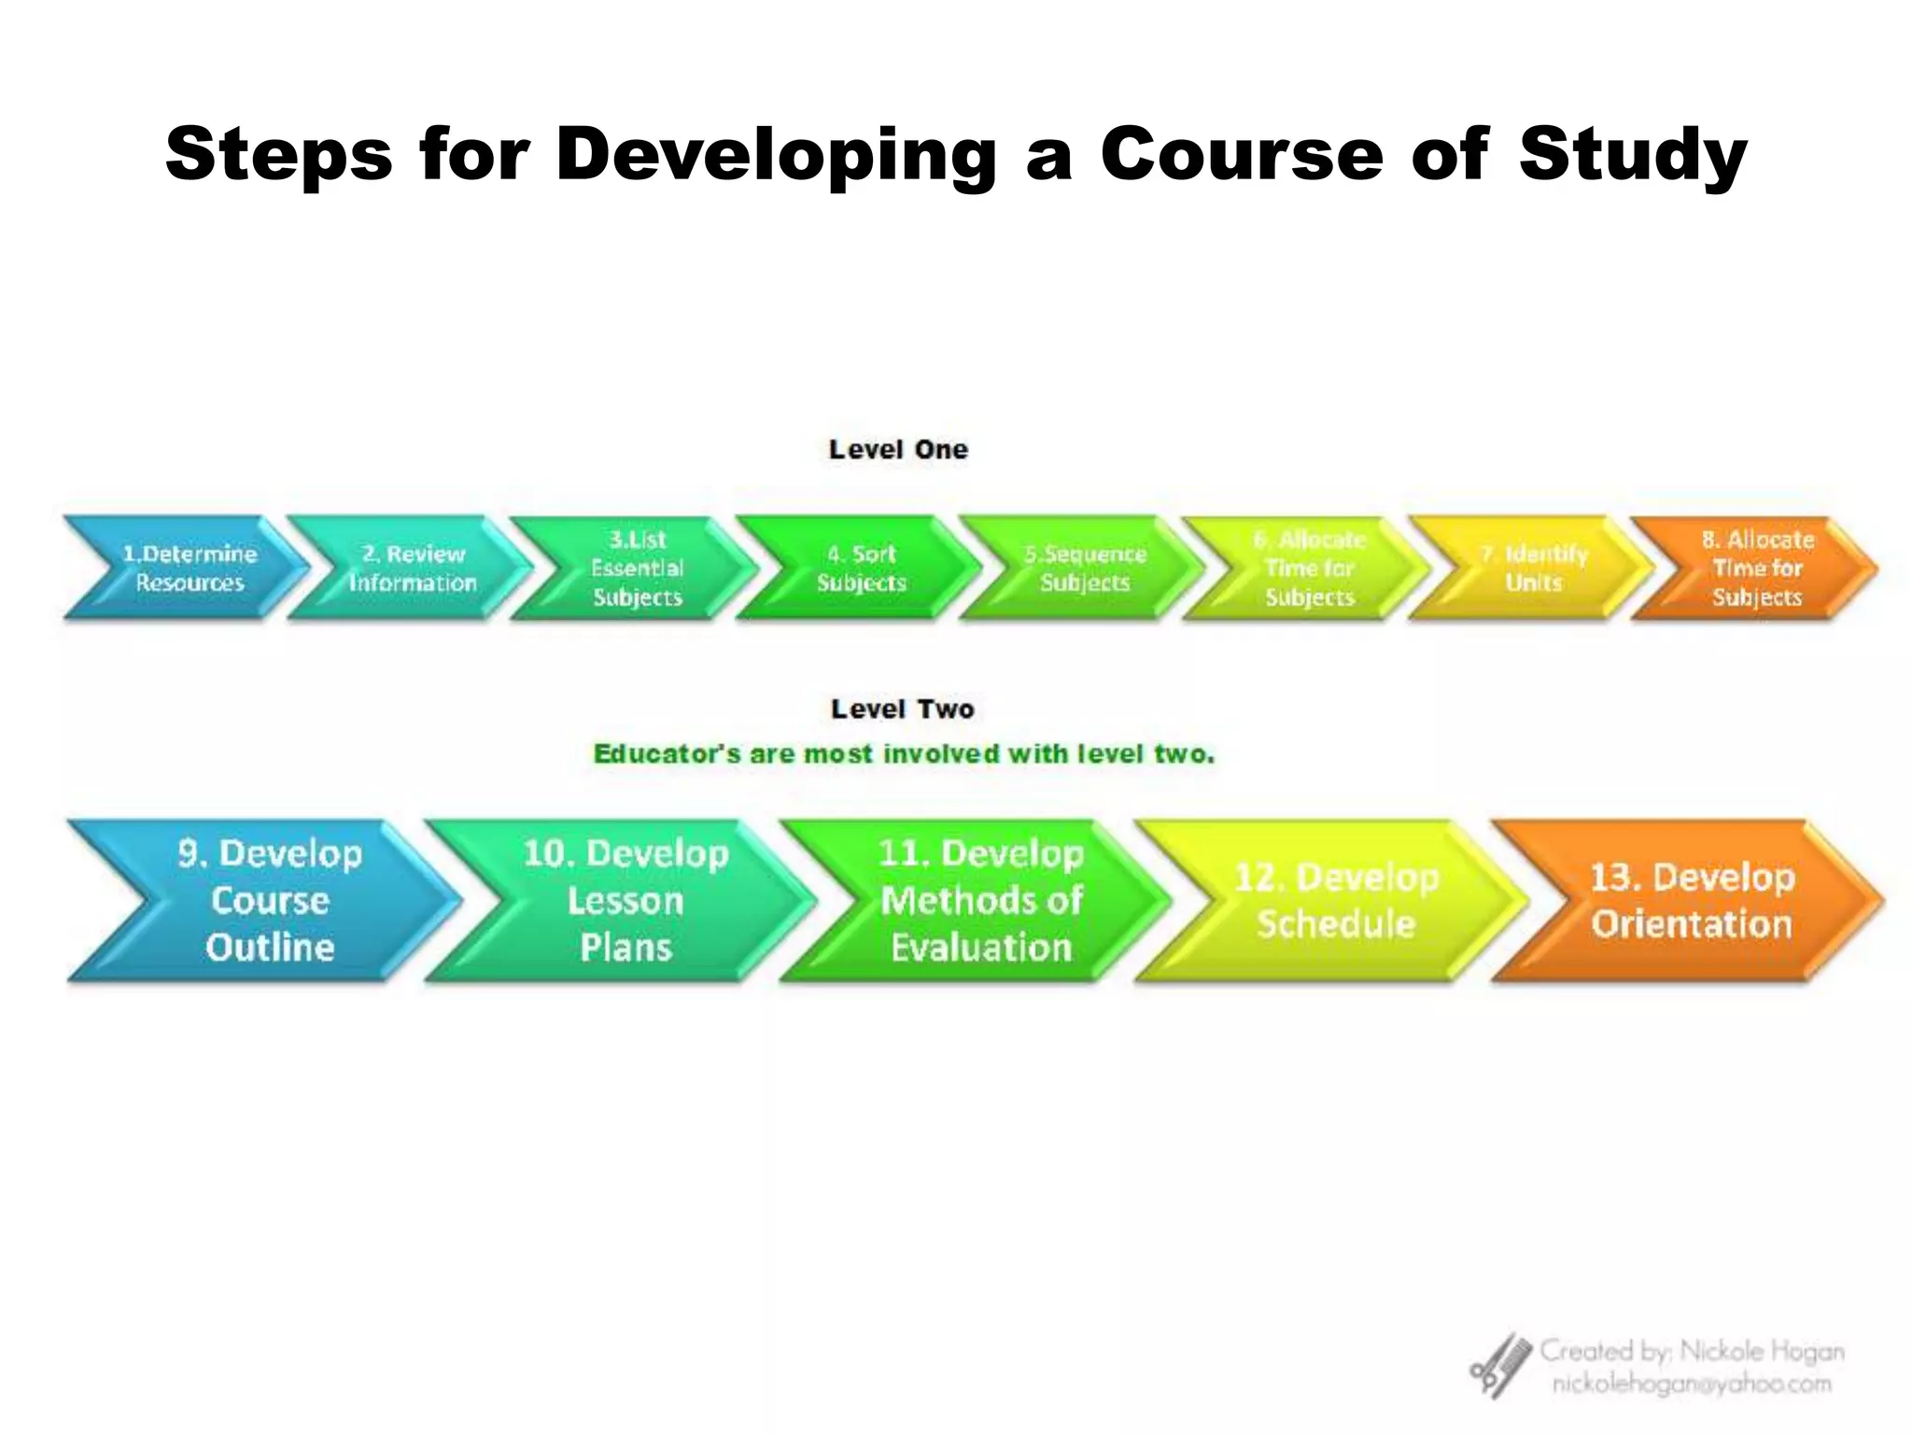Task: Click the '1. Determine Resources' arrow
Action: point(190,568)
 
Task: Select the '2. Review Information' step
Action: point(413,568)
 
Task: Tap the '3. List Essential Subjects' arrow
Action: point(638,568)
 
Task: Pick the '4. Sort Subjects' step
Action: point(861,568)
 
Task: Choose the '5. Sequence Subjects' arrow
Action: point(1085,568)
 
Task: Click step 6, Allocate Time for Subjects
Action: point(1309,568)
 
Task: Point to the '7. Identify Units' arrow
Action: point(1533,568)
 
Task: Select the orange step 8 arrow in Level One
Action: point(1756,568)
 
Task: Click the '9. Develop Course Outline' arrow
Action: point(270,900)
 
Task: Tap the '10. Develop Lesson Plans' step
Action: point(626,900)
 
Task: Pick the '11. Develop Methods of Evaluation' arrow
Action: point(980,900)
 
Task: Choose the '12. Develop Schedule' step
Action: point(1336,900)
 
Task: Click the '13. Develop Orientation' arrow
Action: point(1692,900)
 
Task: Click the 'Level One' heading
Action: point(898,449)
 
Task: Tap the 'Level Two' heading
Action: point(903,709)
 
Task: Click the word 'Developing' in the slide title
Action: point(777,154)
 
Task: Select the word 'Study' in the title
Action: point(1632,154)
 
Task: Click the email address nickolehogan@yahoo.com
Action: point(1692,1384)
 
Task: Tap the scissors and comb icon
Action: point(1500,1365)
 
